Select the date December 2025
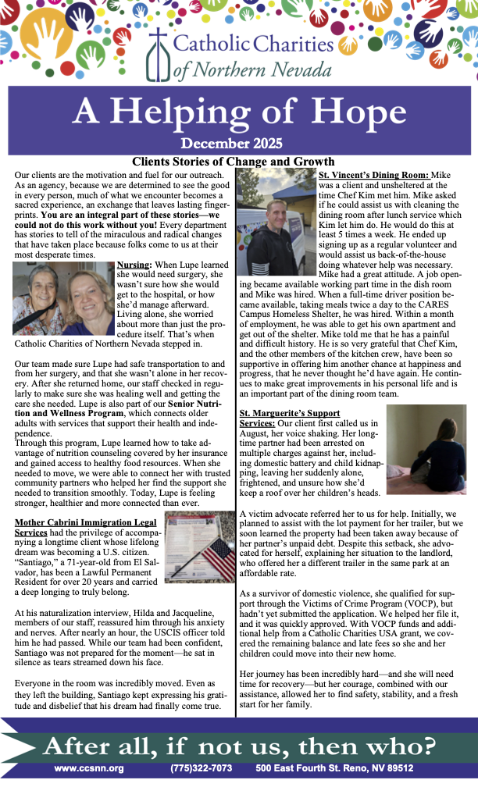[x=238, y=143]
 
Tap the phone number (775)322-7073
[x=201, y=768]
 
